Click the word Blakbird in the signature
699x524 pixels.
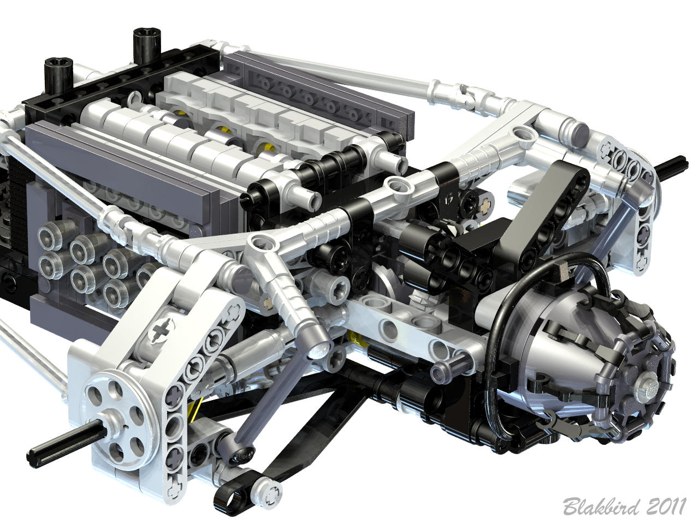pos(601,506)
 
